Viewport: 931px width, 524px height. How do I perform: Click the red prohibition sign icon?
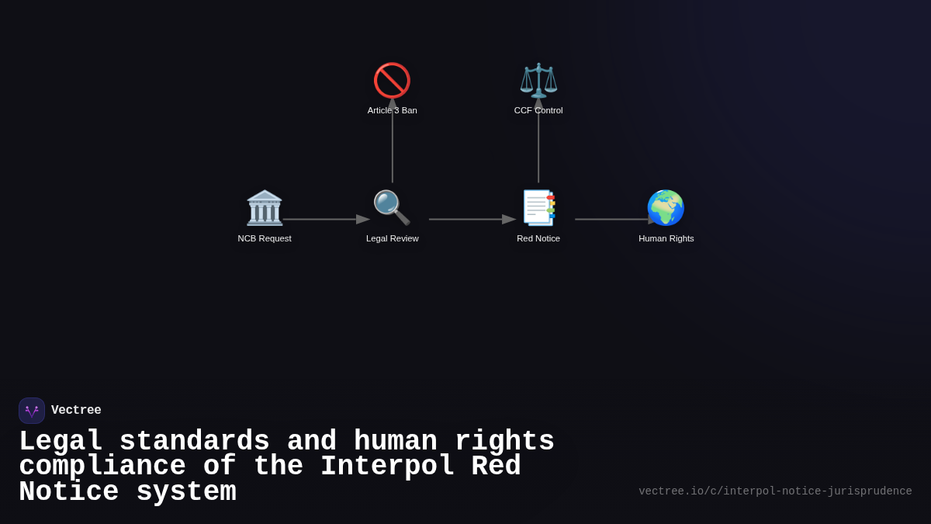click(392, 81)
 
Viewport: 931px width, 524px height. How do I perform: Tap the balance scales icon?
click(538, 81)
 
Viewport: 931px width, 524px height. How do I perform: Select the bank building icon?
click(265, 208)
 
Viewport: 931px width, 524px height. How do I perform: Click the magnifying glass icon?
click(392, 208)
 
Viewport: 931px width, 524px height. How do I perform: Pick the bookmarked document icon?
click(538, 208)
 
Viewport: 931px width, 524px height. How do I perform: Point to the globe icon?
click(666, 208)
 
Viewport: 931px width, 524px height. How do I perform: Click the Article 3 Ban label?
click(392, 110)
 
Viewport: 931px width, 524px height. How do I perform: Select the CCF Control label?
click(538, 110)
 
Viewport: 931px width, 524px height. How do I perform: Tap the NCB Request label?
click(265, 238)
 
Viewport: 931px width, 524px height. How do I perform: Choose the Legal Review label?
click(392, 238)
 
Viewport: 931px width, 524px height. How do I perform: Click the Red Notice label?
click(538, 238)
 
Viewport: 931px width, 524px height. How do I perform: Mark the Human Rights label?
click(666, 238)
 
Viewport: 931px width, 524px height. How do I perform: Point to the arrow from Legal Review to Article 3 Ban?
click(393, 144)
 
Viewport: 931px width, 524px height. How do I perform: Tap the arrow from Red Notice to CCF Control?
click(538, 144)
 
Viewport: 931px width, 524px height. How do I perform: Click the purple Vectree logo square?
click(32, 411)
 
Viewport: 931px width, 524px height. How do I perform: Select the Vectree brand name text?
click(76, 411)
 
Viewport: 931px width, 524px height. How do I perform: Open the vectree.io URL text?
click(775, 491)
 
